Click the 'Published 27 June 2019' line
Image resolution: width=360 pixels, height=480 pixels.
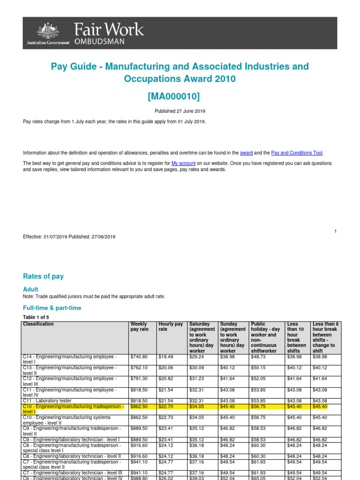point(180,111)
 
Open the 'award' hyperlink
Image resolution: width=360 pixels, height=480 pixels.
point(246,153)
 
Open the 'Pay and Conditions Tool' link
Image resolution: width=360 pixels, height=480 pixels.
point(297,153)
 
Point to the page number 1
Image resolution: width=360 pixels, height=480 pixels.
point(336,231)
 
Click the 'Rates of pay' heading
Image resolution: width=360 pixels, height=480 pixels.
point(43,276)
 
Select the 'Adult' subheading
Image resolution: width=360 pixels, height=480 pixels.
point(30,289)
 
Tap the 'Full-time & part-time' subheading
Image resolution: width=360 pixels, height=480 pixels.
point(52,308)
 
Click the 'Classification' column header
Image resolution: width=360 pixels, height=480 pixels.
point(38,324)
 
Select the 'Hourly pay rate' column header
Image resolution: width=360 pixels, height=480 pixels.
point(171,327)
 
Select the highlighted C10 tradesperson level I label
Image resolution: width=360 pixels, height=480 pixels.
point(73,409)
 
